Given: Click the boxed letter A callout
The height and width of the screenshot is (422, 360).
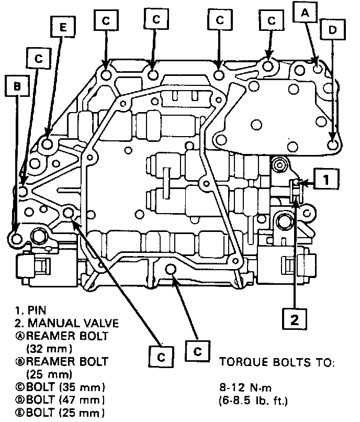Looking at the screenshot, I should (x=305, y=12).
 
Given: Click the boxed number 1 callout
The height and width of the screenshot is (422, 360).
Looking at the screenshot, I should (x=325, y=181).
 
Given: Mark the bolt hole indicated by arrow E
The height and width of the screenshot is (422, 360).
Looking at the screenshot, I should (x=47, y=143).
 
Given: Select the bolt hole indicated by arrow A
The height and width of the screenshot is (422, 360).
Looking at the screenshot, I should (x=316, y=69).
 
